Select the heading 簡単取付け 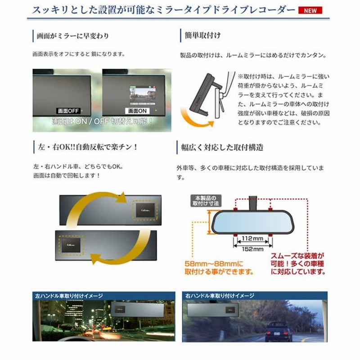202,35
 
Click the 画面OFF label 67,110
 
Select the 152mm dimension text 252,249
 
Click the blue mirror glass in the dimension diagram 252,222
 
